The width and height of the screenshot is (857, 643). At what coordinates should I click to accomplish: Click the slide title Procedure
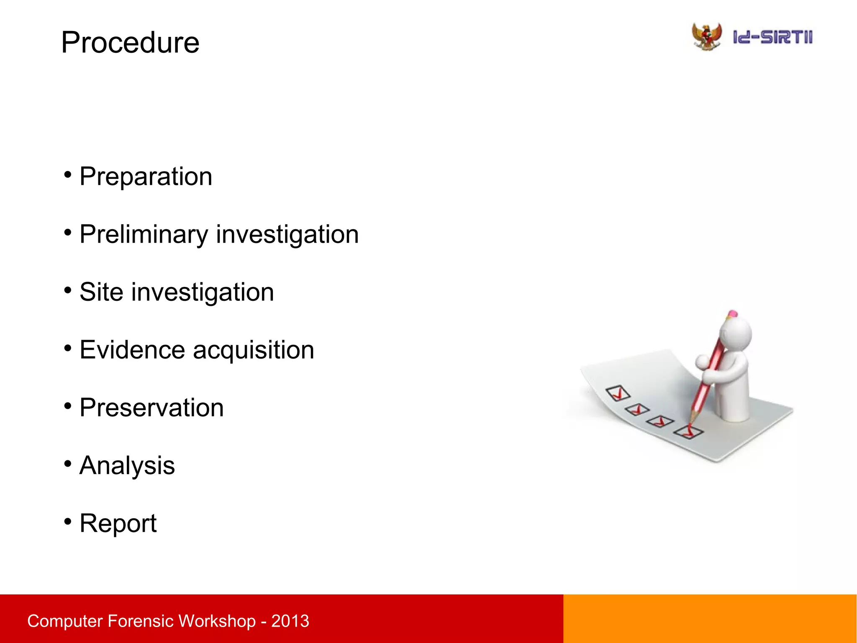(x=130, y=43)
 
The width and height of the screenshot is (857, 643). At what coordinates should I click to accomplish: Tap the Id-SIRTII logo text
(x=772, y=37)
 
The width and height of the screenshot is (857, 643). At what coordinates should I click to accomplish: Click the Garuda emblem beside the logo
(x=707, y=37)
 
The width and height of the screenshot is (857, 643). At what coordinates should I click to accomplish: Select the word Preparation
(x=146, y=176)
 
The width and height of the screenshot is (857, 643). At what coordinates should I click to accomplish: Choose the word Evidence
(x=132, y=350)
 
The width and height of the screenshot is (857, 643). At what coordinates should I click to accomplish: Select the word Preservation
(x=151, y=408)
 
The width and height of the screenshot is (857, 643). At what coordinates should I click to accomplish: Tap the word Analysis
(x=127, y=466)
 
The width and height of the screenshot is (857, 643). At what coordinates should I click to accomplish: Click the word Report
(x=118, y=524)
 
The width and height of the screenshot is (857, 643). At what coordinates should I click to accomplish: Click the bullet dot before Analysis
(x=68, y=464)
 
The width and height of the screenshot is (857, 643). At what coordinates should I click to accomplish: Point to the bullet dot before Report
(x=68, y=522)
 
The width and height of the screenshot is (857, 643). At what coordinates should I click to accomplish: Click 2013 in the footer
(x=290, y=621)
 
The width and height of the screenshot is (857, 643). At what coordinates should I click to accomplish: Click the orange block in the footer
(x=710, y=619)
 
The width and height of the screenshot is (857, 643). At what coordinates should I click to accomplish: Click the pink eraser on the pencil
(x=732, y=313)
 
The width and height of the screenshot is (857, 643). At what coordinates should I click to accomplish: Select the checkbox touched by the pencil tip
(x=688, y=432)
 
